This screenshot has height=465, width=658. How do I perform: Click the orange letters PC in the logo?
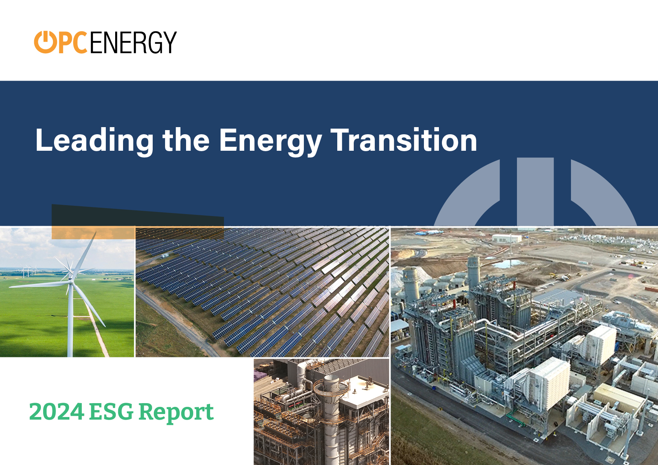[73, 42]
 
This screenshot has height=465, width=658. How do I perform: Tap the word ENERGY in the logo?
[133, 42]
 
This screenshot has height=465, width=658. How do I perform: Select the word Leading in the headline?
[95, 141]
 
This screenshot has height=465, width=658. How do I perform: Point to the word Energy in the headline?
[270, 141]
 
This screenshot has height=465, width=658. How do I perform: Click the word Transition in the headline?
[404, 140]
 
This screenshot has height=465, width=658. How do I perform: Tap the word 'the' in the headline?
[186, 140]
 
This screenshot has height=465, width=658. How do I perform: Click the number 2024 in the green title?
[57, 412]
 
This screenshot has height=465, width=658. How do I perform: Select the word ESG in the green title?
[111, 412]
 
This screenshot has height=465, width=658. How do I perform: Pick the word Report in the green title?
[176, 413]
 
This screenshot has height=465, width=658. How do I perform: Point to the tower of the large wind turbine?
[70, 319]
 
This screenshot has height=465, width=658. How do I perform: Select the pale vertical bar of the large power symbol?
[535, 192]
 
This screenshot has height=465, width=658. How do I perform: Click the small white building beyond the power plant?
[506, 238]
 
